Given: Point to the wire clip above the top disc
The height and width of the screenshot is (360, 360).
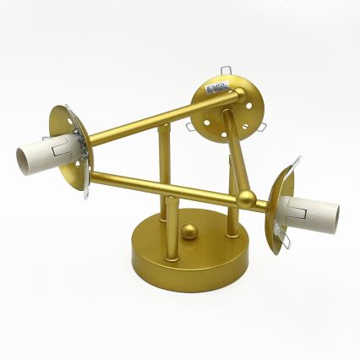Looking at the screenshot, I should (226, 70).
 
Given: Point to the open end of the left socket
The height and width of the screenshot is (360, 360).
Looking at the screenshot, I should (22, 155).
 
